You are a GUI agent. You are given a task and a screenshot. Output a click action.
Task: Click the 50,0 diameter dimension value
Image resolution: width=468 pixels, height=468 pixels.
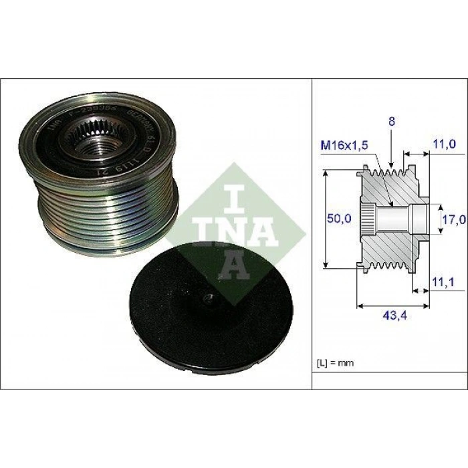338,218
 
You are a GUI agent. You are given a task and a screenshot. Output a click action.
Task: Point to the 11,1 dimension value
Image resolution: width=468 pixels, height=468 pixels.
443,283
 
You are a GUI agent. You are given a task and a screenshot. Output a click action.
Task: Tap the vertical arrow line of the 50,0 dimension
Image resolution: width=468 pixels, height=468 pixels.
326,218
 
